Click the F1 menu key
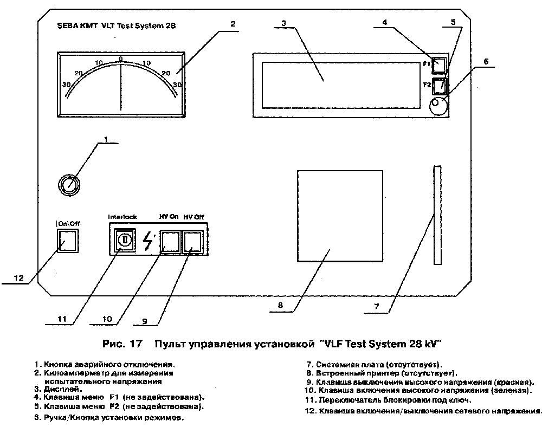pyautogui.click(x=440, y=65)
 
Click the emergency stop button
pyautogui.click(x=69, y=185)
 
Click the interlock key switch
pyautogui.click(x=123, y=239)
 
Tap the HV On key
pyautogui.click(x=170, y=242)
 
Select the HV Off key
pyautogui.click(x=192, y=242)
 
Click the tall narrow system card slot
pyautogui.click(x=437, y=215)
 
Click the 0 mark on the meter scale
pyautogui.click(x=121, y=58)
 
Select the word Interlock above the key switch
pyautogui.click(x=122, y=216)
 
